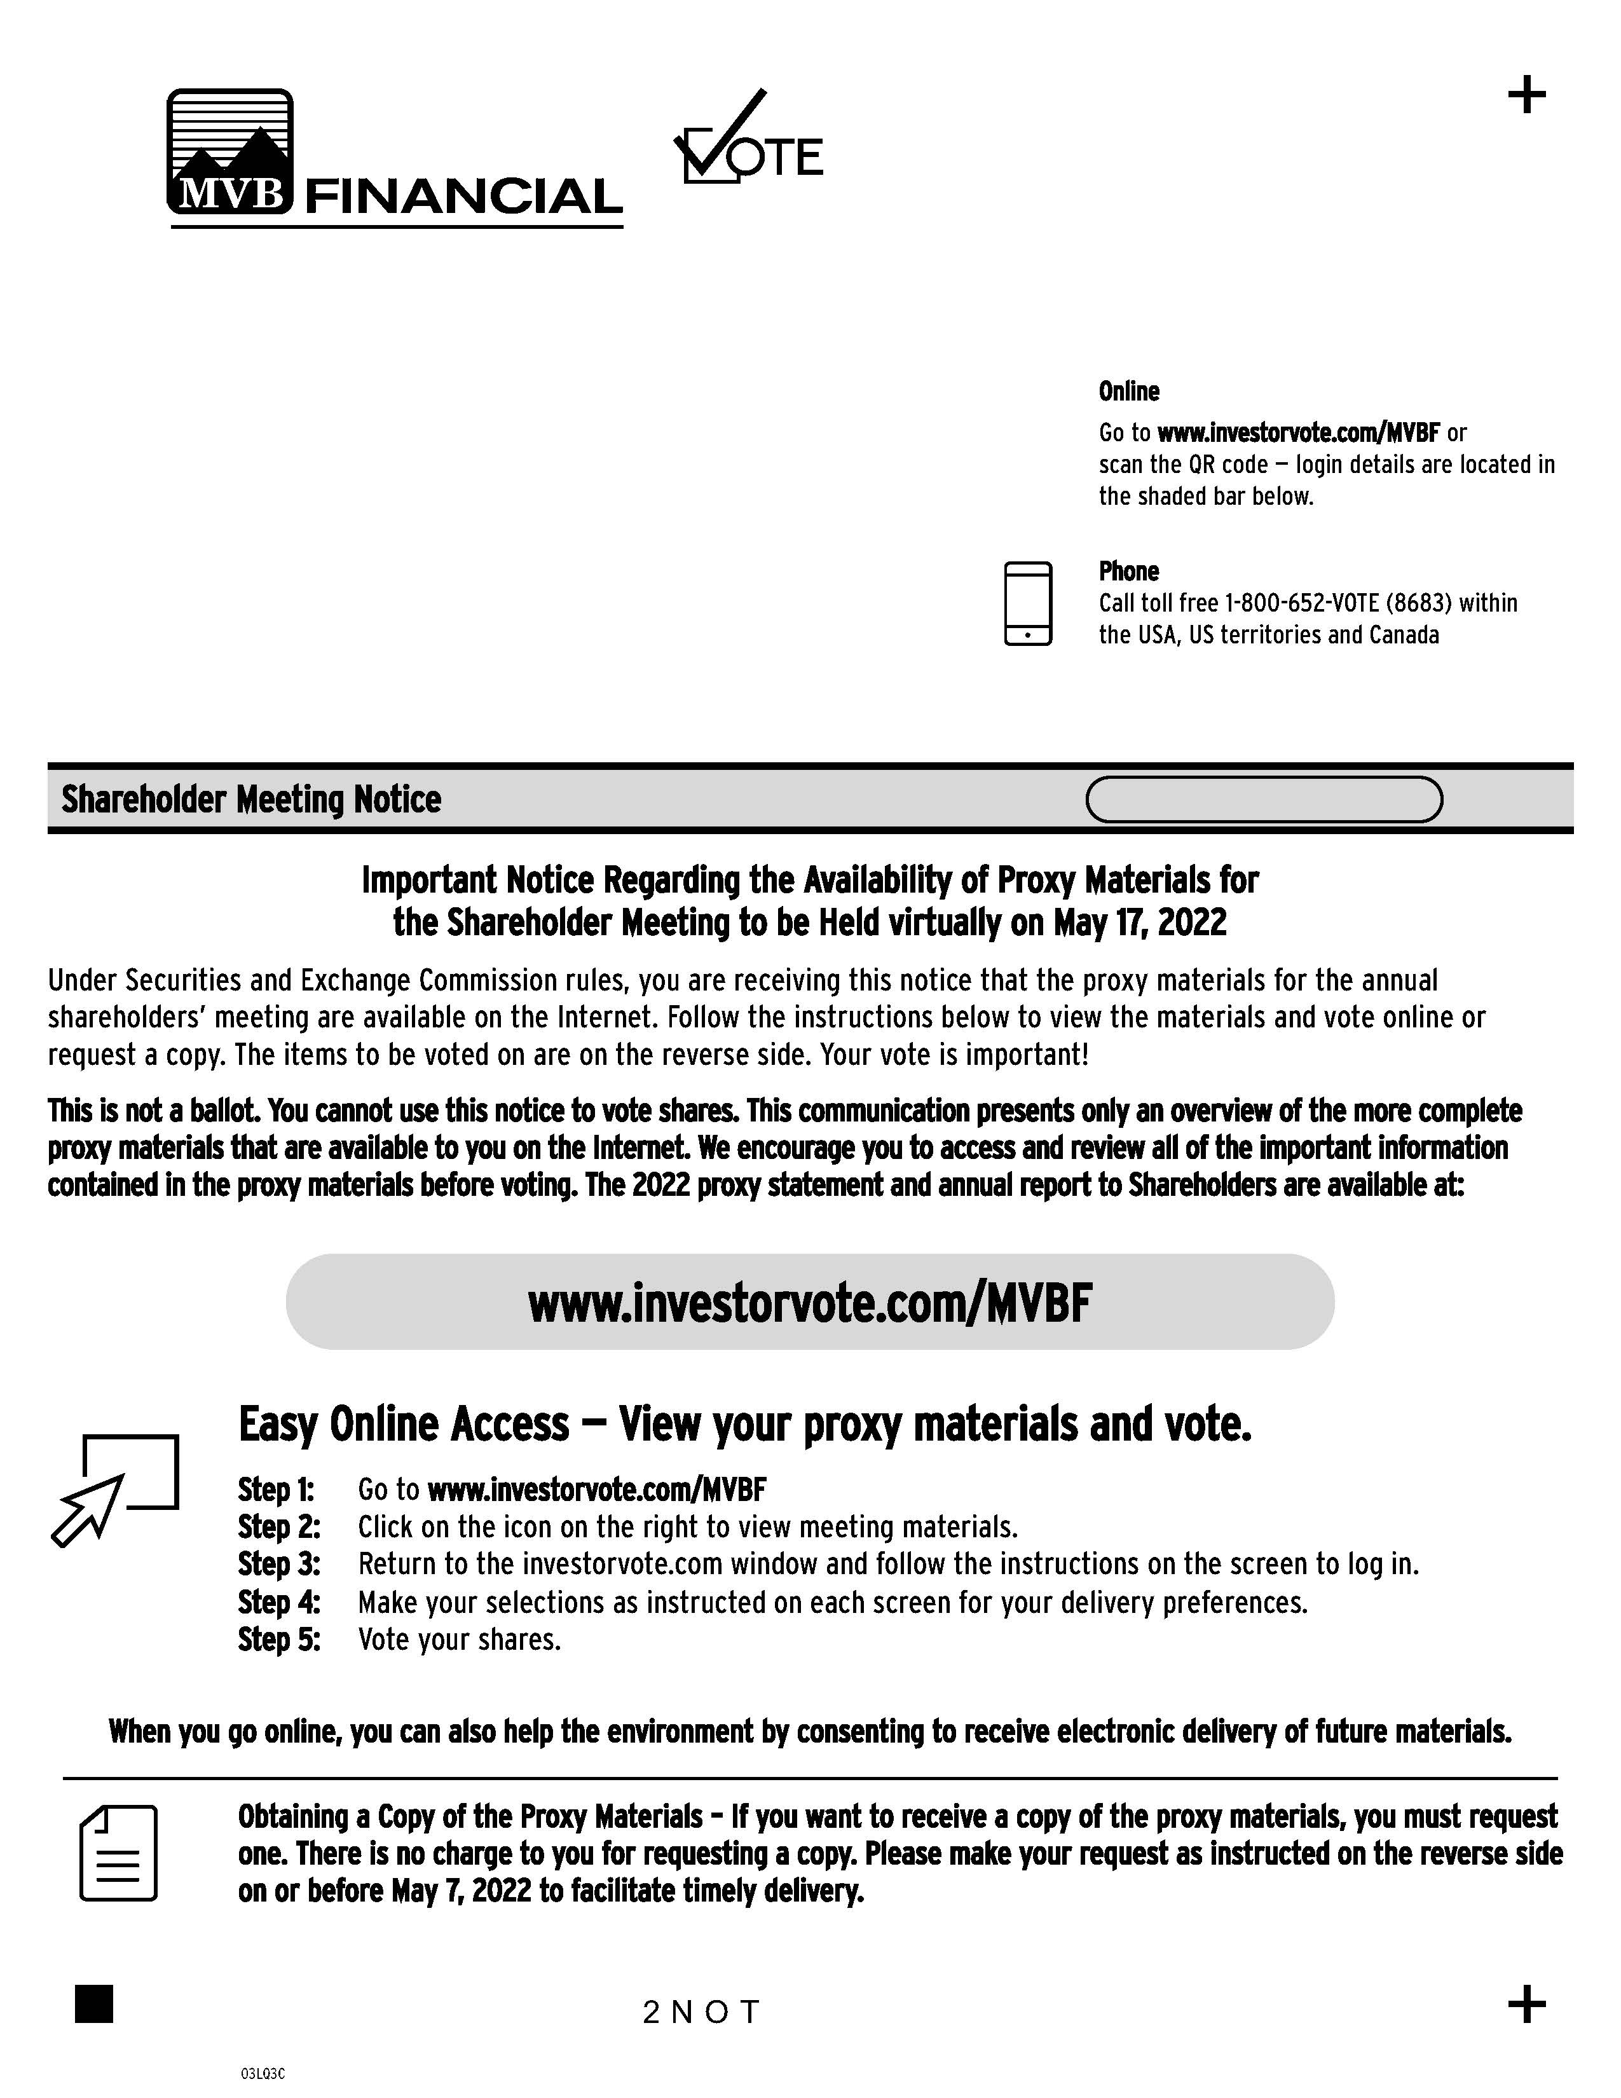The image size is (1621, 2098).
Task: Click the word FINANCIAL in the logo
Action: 463,197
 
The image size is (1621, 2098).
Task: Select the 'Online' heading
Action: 1128,392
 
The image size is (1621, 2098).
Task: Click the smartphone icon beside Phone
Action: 1027,603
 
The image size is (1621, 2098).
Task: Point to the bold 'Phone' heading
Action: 1128,572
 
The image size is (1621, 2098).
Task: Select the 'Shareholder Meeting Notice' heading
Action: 250,799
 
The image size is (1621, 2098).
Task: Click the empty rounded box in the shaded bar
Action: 1264,799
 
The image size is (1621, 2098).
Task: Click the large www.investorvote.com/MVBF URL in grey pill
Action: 809,1303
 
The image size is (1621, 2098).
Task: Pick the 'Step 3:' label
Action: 278,1564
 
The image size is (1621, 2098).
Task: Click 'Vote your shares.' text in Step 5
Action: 459,1639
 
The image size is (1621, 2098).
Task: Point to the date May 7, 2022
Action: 461,1891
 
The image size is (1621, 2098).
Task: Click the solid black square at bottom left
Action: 94,2004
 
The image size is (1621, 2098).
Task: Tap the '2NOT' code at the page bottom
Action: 701,2012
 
